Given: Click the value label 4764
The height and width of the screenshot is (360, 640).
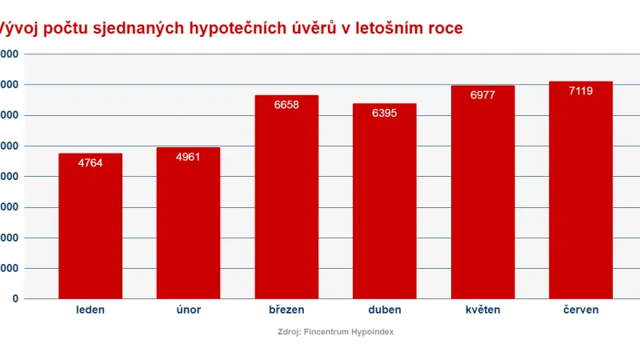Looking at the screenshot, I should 90,163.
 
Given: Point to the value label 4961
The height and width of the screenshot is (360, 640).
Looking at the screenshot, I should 188,157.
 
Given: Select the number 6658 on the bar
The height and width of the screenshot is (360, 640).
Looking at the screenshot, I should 286,105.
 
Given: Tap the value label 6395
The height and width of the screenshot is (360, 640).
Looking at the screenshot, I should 384,114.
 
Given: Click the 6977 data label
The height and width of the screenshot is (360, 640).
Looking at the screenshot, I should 482,95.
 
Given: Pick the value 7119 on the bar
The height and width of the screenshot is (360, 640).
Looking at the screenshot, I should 581,91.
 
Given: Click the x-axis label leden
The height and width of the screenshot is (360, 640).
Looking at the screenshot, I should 90,310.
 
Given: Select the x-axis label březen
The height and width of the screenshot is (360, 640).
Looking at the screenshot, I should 286,310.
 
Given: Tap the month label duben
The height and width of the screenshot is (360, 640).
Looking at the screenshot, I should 384,310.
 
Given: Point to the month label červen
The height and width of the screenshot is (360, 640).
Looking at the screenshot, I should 581,310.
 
